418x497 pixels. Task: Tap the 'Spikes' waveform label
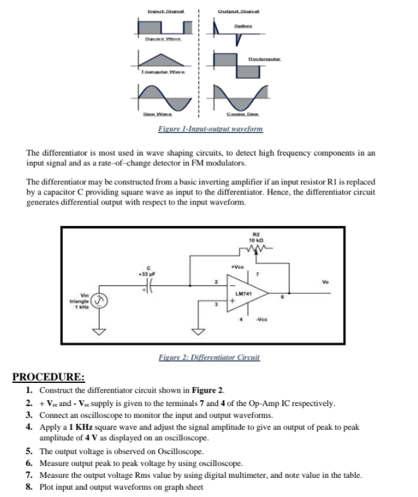(241, 26)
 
